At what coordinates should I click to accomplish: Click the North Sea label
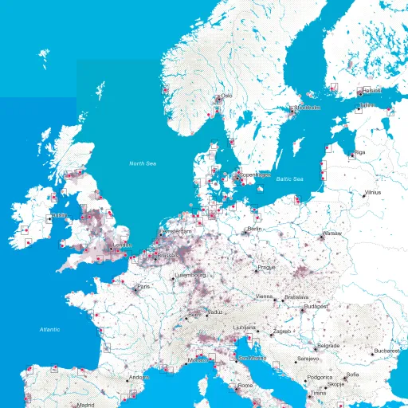(143, 163)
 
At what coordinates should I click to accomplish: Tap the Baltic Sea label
(290, 179)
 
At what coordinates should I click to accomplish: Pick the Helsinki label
(371, 92)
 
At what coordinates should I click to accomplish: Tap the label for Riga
(359, 151)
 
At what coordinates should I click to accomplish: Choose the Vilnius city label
(373, 192)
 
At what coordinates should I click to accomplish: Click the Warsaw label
(331, 233)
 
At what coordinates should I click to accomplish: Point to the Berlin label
(255, 229)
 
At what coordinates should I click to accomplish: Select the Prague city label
(266, 267)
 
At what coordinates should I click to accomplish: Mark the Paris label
(143, 286)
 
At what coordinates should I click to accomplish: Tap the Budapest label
(316, 305)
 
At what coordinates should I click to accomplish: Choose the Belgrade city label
(328, 346)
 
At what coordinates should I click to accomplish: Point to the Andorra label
(139, 377)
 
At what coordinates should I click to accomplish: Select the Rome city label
(245, 386)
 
